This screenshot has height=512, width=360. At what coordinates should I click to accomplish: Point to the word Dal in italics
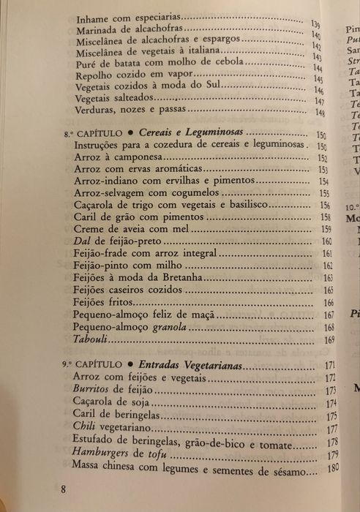(82, 241)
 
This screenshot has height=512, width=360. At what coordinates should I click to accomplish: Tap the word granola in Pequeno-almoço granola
(169, 328)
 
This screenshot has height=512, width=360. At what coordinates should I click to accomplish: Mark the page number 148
(319, 113)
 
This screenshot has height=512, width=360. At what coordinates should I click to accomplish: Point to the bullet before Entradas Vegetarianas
(127, 364)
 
